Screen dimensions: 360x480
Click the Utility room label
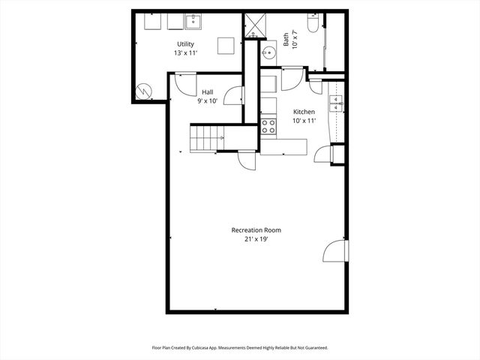click(184, 44)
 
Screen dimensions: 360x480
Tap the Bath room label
click(286, 39)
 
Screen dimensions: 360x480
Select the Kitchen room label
click(304, 112)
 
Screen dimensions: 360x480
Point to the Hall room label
click(206, 92)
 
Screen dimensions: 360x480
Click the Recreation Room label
click(256, 230)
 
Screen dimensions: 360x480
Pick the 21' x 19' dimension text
click(256, 239)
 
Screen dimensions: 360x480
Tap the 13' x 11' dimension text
click(184, 54)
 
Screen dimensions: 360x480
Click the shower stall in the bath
click(253, 24)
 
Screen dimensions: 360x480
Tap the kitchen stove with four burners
click(268, 126)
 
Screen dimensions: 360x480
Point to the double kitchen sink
click(337, 101)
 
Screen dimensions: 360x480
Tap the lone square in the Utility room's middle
click(226, 46)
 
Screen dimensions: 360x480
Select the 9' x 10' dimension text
click(206, 101)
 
